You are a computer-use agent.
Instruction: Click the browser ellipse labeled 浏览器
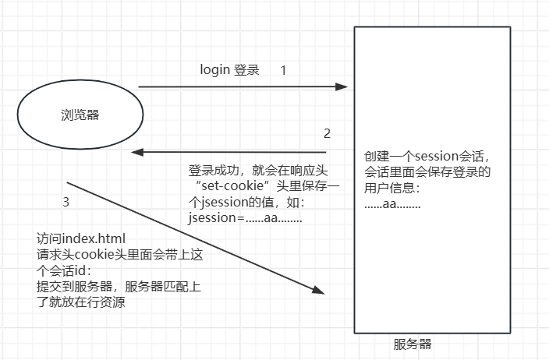[80, 115]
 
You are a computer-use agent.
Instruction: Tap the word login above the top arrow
[215, 70]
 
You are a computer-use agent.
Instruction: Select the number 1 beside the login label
[283, 70]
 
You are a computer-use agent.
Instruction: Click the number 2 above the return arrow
[327, 133]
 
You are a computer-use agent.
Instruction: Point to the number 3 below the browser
[66, 203]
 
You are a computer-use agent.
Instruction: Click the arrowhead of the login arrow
[343, 87]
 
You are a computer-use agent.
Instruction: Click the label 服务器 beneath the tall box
[413, 344]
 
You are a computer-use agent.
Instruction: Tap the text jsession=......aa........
[234, 219]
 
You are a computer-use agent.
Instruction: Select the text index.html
[94, 238]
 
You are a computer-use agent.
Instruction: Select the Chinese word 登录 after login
[246, 70]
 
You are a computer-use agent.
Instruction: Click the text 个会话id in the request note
[64, 270]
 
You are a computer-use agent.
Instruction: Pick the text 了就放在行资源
[81, 302]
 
